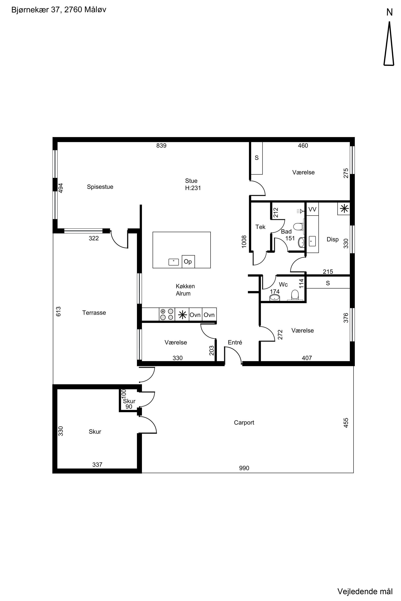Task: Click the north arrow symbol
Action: click(389, 43)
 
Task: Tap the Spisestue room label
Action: click(100, 187)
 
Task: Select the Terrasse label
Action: click(94, 313)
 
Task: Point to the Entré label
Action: click(235, 342)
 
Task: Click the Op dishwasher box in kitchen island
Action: click(188, 261)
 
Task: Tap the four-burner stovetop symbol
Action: click(167, 315)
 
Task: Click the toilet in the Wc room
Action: click(295, 295)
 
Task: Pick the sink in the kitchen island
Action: click(174, 262)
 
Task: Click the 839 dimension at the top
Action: click(161, 146)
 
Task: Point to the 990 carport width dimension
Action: click(244, 468)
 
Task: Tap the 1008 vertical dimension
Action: click(244, 241)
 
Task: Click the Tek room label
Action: click(260, 227)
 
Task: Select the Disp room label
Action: click(332, 239)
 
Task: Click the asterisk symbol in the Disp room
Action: click(344, 209)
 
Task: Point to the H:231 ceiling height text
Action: click(193, 188)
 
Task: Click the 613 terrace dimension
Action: click(59, 312)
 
